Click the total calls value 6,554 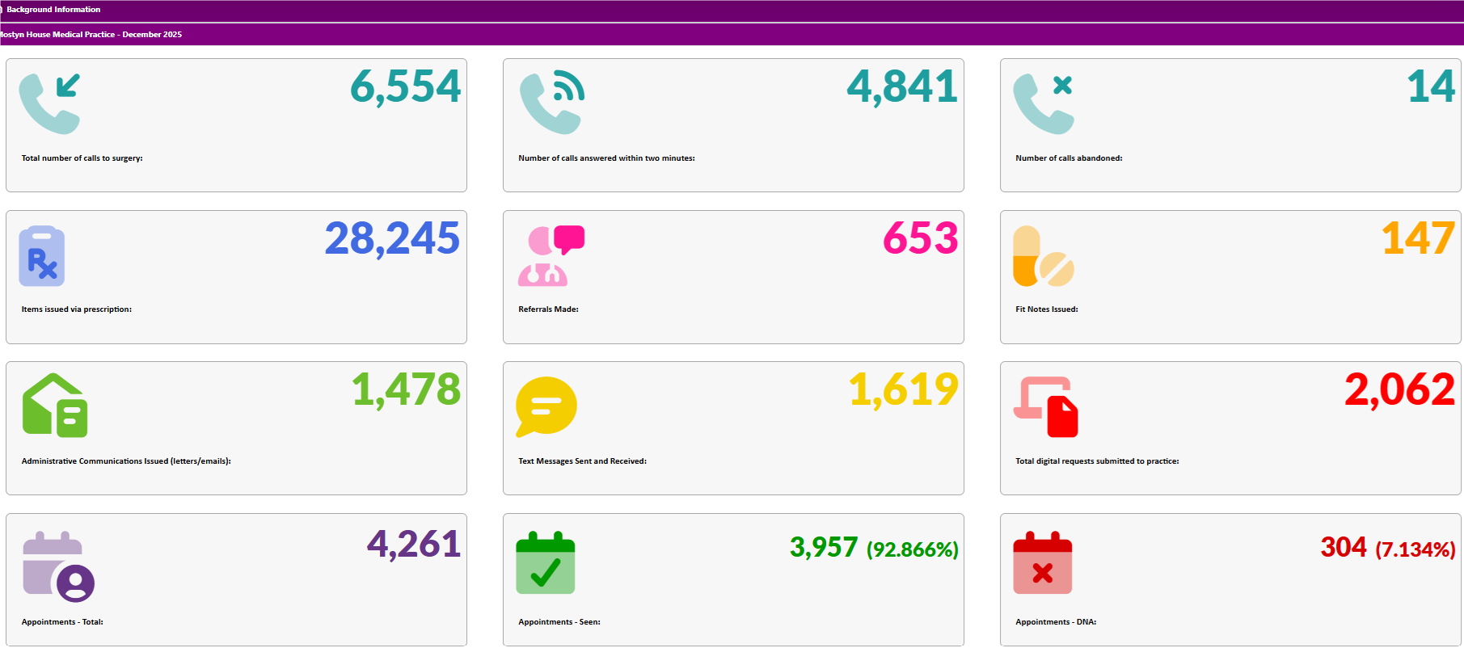[405, 86]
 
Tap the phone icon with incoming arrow [49, 103]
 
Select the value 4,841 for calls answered [902, 86]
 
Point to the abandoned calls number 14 [1431, 86]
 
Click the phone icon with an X [1043, 103]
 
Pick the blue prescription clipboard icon [42, 256]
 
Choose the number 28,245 [392, 238]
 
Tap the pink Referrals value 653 [920, 238]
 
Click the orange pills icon [1043, 256]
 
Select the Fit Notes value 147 [1418, 238]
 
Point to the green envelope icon [55, 406]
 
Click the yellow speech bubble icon [546, 406]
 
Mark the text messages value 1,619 [903, 390]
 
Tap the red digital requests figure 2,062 [1399, 390]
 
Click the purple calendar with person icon [58, 566]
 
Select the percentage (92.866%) [913, 550]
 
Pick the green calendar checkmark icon [546, 563]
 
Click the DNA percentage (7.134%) [1415, 550]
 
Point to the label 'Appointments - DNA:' [1056, 622]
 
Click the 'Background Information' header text [53, 10]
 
